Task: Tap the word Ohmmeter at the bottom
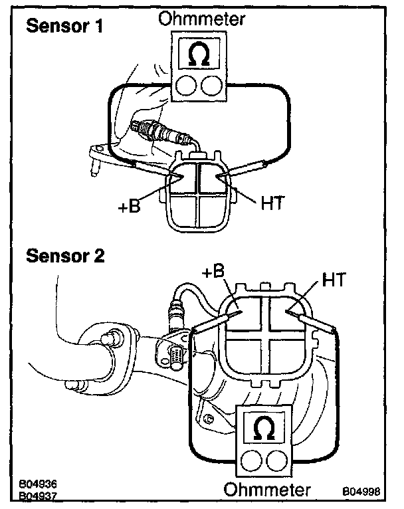[267, 491]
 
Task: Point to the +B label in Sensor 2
[213, 272]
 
